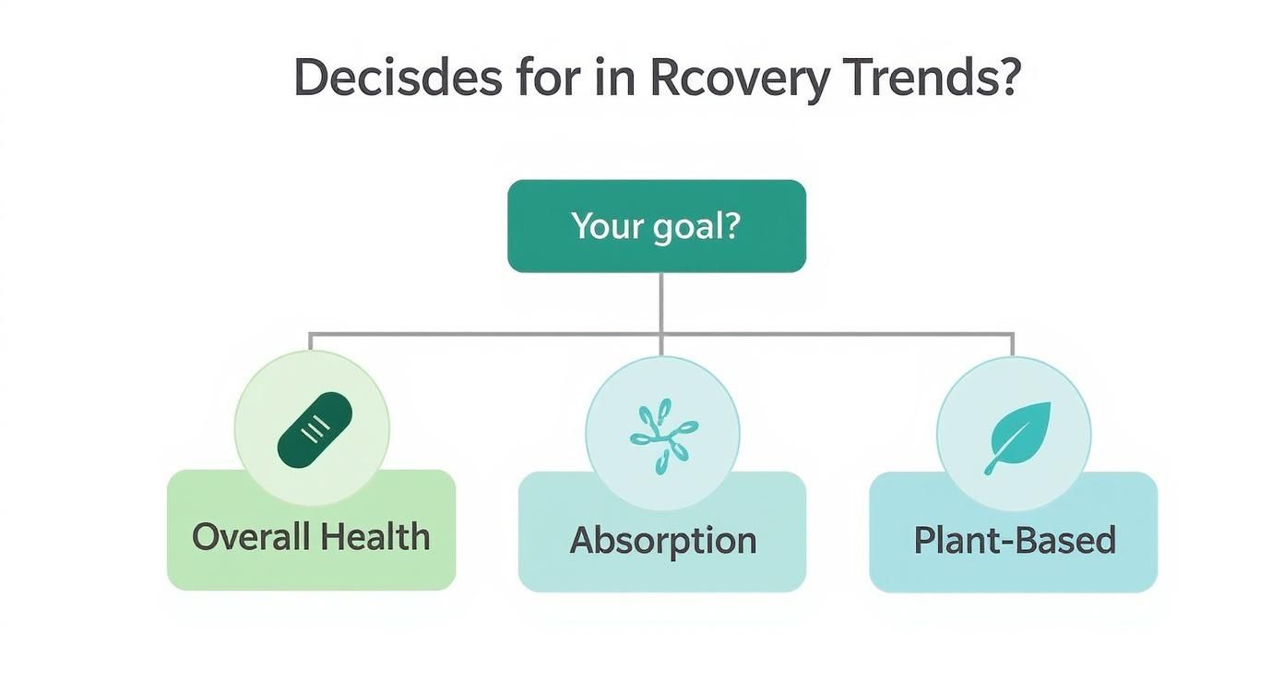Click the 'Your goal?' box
click(x=657, y=226)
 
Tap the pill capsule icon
click(x=314, y=429)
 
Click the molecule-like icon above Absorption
click(x=662, y=435)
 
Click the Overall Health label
click(x=311, y=537)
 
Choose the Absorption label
click(x=662, y=540)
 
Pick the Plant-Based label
click(x=1014, y=540)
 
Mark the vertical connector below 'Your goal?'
click(x=661, y=303)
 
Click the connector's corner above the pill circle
click(x=311, y=335)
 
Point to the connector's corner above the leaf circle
click(x=1013, y=335)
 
